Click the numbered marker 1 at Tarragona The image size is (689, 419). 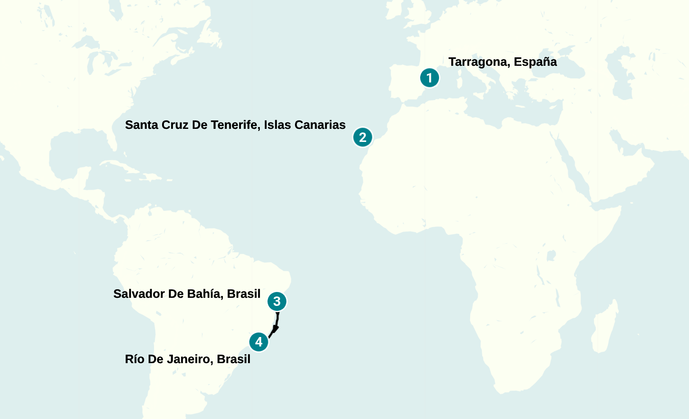429,78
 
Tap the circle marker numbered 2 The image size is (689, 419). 363,137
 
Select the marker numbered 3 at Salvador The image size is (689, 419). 277,301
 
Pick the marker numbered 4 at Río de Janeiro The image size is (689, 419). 258,342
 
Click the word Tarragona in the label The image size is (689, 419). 479,62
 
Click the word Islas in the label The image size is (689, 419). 277,125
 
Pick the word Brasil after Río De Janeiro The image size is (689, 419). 233,359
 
